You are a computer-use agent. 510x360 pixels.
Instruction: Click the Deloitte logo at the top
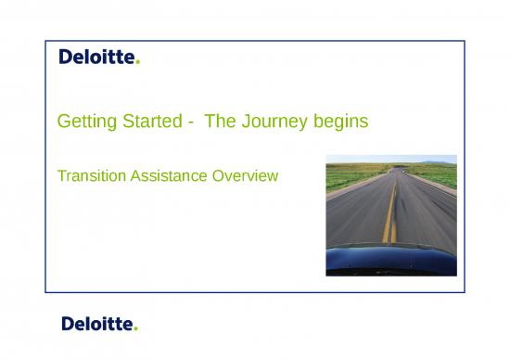point(98,58)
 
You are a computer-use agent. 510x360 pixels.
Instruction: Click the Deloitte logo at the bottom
point(98,324)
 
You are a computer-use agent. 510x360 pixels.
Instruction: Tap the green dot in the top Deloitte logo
point(138,63)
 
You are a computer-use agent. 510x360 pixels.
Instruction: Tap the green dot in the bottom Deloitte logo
point(136,328)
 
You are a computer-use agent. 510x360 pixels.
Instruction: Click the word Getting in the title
point(83,122)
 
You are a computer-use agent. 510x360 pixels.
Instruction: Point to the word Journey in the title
point(278,122)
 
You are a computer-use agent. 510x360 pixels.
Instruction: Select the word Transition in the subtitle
point(89,174)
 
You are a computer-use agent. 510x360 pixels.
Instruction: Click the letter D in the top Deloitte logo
point(66,58)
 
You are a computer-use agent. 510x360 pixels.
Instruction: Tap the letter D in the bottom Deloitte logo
point(68,324)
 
